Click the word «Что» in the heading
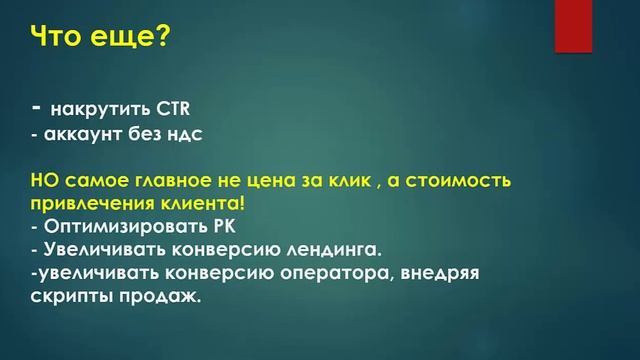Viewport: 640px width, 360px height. point(61,39)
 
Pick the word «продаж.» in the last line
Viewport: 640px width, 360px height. point(161,295)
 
